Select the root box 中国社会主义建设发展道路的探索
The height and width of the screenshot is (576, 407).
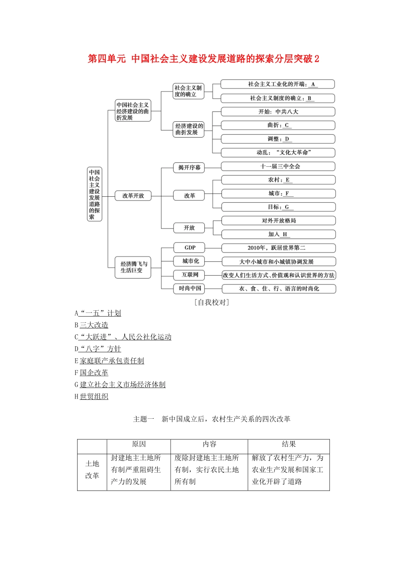[94, 194]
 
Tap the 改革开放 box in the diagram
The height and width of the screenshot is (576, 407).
[133, 196]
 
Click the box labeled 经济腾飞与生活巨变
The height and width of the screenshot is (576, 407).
[133, 267]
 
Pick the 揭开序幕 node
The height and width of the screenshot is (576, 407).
[189, 168]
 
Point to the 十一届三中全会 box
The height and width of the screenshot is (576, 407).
[278, 166]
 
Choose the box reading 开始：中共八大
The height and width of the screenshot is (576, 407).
[278, 112]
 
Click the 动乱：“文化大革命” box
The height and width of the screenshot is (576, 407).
[278, 153]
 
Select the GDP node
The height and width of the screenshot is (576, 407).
[189, 248]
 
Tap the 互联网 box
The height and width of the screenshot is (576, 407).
[189, 275]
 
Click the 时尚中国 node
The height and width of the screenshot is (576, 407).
[189, 288]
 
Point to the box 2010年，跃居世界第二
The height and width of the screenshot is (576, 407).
[278, 248]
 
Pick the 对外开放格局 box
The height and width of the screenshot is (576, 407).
[278, 221]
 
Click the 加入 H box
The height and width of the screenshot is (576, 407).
[278, 234]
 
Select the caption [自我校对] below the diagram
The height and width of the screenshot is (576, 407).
[212, 302]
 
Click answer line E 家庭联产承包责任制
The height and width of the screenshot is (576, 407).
[109, 361]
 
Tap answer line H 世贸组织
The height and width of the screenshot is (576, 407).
[91, 396]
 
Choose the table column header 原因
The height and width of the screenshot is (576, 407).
[139, 444]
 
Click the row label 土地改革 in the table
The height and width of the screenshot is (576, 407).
[92, 470]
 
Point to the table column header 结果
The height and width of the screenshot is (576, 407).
[288, 444]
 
